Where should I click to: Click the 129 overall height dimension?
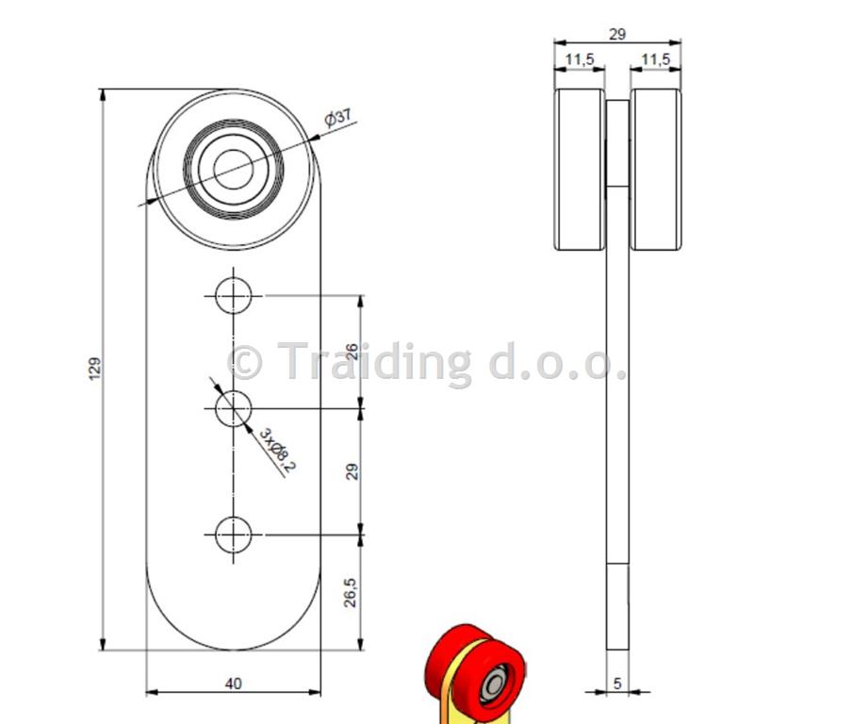point(95,369)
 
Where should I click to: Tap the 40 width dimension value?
point(233,683)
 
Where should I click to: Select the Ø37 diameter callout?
point(337,117)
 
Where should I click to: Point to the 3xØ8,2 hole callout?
point(278,451)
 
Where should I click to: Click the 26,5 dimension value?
point(350,592)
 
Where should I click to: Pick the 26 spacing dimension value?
point(351,352)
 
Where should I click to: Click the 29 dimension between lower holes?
point(351,471)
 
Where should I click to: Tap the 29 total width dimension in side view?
point(617,34)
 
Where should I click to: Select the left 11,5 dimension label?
point(579,58)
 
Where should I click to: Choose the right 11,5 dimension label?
point(655,58)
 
